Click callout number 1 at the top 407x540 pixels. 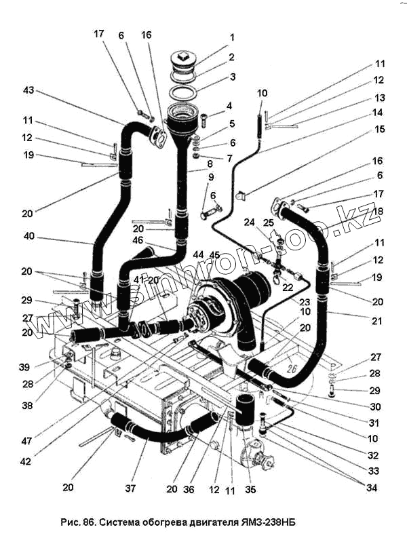[232, 37]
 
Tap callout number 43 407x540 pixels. [28, 90]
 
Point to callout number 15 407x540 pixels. [379, 128]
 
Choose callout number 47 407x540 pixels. [27, 442]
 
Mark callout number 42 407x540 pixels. [27, 461]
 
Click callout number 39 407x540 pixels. [25, 367]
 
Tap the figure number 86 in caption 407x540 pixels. [88, 524]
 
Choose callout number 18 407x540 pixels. [378, 211]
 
